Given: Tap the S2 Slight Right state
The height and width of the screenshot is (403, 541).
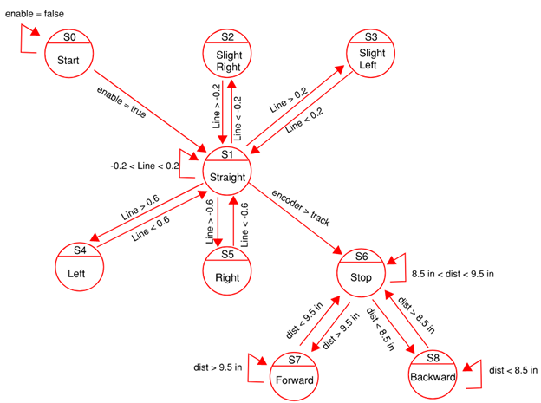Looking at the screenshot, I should pyautogui.click(x=229, y=55).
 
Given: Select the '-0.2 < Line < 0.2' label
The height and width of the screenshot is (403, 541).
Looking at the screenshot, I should pyautogui.click(x=144, y=165).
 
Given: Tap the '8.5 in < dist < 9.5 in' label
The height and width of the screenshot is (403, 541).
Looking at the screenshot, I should pyautogui.click(x=453, y=274).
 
